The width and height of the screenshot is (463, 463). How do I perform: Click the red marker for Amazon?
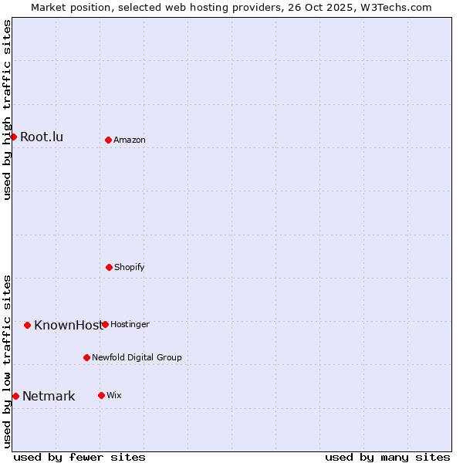108,140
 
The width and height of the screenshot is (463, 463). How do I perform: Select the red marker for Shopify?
109,267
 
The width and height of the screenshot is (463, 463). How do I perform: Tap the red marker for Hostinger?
105,324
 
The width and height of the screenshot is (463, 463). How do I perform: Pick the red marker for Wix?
101,395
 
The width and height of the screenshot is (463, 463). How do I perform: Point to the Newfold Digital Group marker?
86,357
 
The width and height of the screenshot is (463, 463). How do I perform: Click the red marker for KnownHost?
27,325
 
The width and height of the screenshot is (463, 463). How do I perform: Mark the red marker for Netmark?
15,396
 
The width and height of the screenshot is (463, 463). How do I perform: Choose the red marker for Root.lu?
13,137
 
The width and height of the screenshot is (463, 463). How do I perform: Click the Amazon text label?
130,140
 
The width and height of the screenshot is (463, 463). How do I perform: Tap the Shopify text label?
130,267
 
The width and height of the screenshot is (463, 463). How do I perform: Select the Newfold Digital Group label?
137,357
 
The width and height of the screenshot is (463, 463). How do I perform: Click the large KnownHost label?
67,325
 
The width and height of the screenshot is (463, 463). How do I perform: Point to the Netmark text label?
49,397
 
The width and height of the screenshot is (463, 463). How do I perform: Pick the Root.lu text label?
42,137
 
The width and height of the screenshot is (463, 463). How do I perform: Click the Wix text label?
114,395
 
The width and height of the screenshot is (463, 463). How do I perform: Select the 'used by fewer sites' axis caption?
79,457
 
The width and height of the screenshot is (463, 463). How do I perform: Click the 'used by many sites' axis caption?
387,457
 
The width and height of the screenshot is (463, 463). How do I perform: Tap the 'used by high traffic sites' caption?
7,110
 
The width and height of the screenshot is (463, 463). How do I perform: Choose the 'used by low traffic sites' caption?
7,361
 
